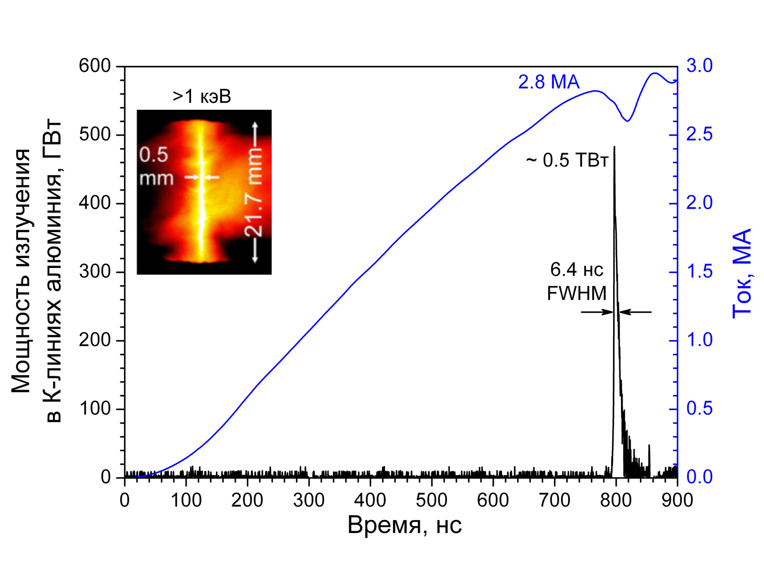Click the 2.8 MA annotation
point(549,82)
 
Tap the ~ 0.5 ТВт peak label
point(567,160)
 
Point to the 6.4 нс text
point(577,270)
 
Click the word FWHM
point(577,293)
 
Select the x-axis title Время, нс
point(404,525)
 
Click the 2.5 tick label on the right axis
point(699,135)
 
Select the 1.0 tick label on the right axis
point(699,340)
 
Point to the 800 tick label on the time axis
point(616,500)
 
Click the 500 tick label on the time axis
point(432,500)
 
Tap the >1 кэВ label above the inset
point(202,96)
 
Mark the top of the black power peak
point(614,147)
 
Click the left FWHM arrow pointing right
point(597,312)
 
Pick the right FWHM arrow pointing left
point(636,312)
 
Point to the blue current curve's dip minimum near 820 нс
point(627,121)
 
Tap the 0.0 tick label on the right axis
point(699,477)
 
